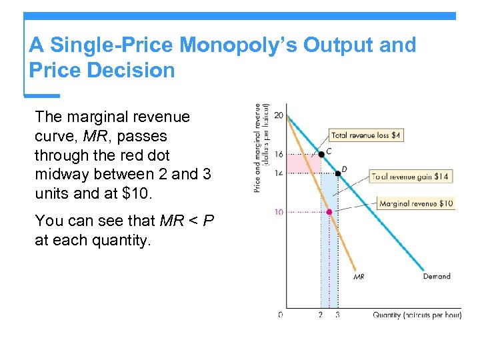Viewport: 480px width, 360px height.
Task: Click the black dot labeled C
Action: tap(321, 153)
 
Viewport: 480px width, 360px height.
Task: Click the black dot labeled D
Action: tap(338, 173)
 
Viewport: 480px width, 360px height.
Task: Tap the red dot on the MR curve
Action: tap(329, 212)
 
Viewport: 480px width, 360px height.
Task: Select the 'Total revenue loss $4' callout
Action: tap(367, 135)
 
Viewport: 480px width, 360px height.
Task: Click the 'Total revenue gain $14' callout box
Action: tap(411, 177)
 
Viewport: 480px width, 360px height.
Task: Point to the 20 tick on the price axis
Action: tap(278, 115)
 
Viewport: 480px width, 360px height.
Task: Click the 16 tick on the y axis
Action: tap(278, 154)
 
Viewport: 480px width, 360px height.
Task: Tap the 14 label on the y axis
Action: tap(278, 173)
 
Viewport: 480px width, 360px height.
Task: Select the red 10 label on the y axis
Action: tap(278, 212)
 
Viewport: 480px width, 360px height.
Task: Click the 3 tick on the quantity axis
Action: tap(337, 315)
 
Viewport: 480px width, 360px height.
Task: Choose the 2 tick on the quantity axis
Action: tap(321, 315)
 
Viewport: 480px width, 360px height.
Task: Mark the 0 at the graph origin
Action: tap(280, 315)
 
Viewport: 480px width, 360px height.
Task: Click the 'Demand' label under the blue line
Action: tap(437, 276)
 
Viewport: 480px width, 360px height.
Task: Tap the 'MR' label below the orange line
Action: tap(359, 277)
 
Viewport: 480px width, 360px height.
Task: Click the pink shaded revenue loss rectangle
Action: tap(303, 163)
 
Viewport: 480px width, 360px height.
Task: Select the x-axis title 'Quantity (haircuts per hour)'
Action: tap(417, 315)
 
